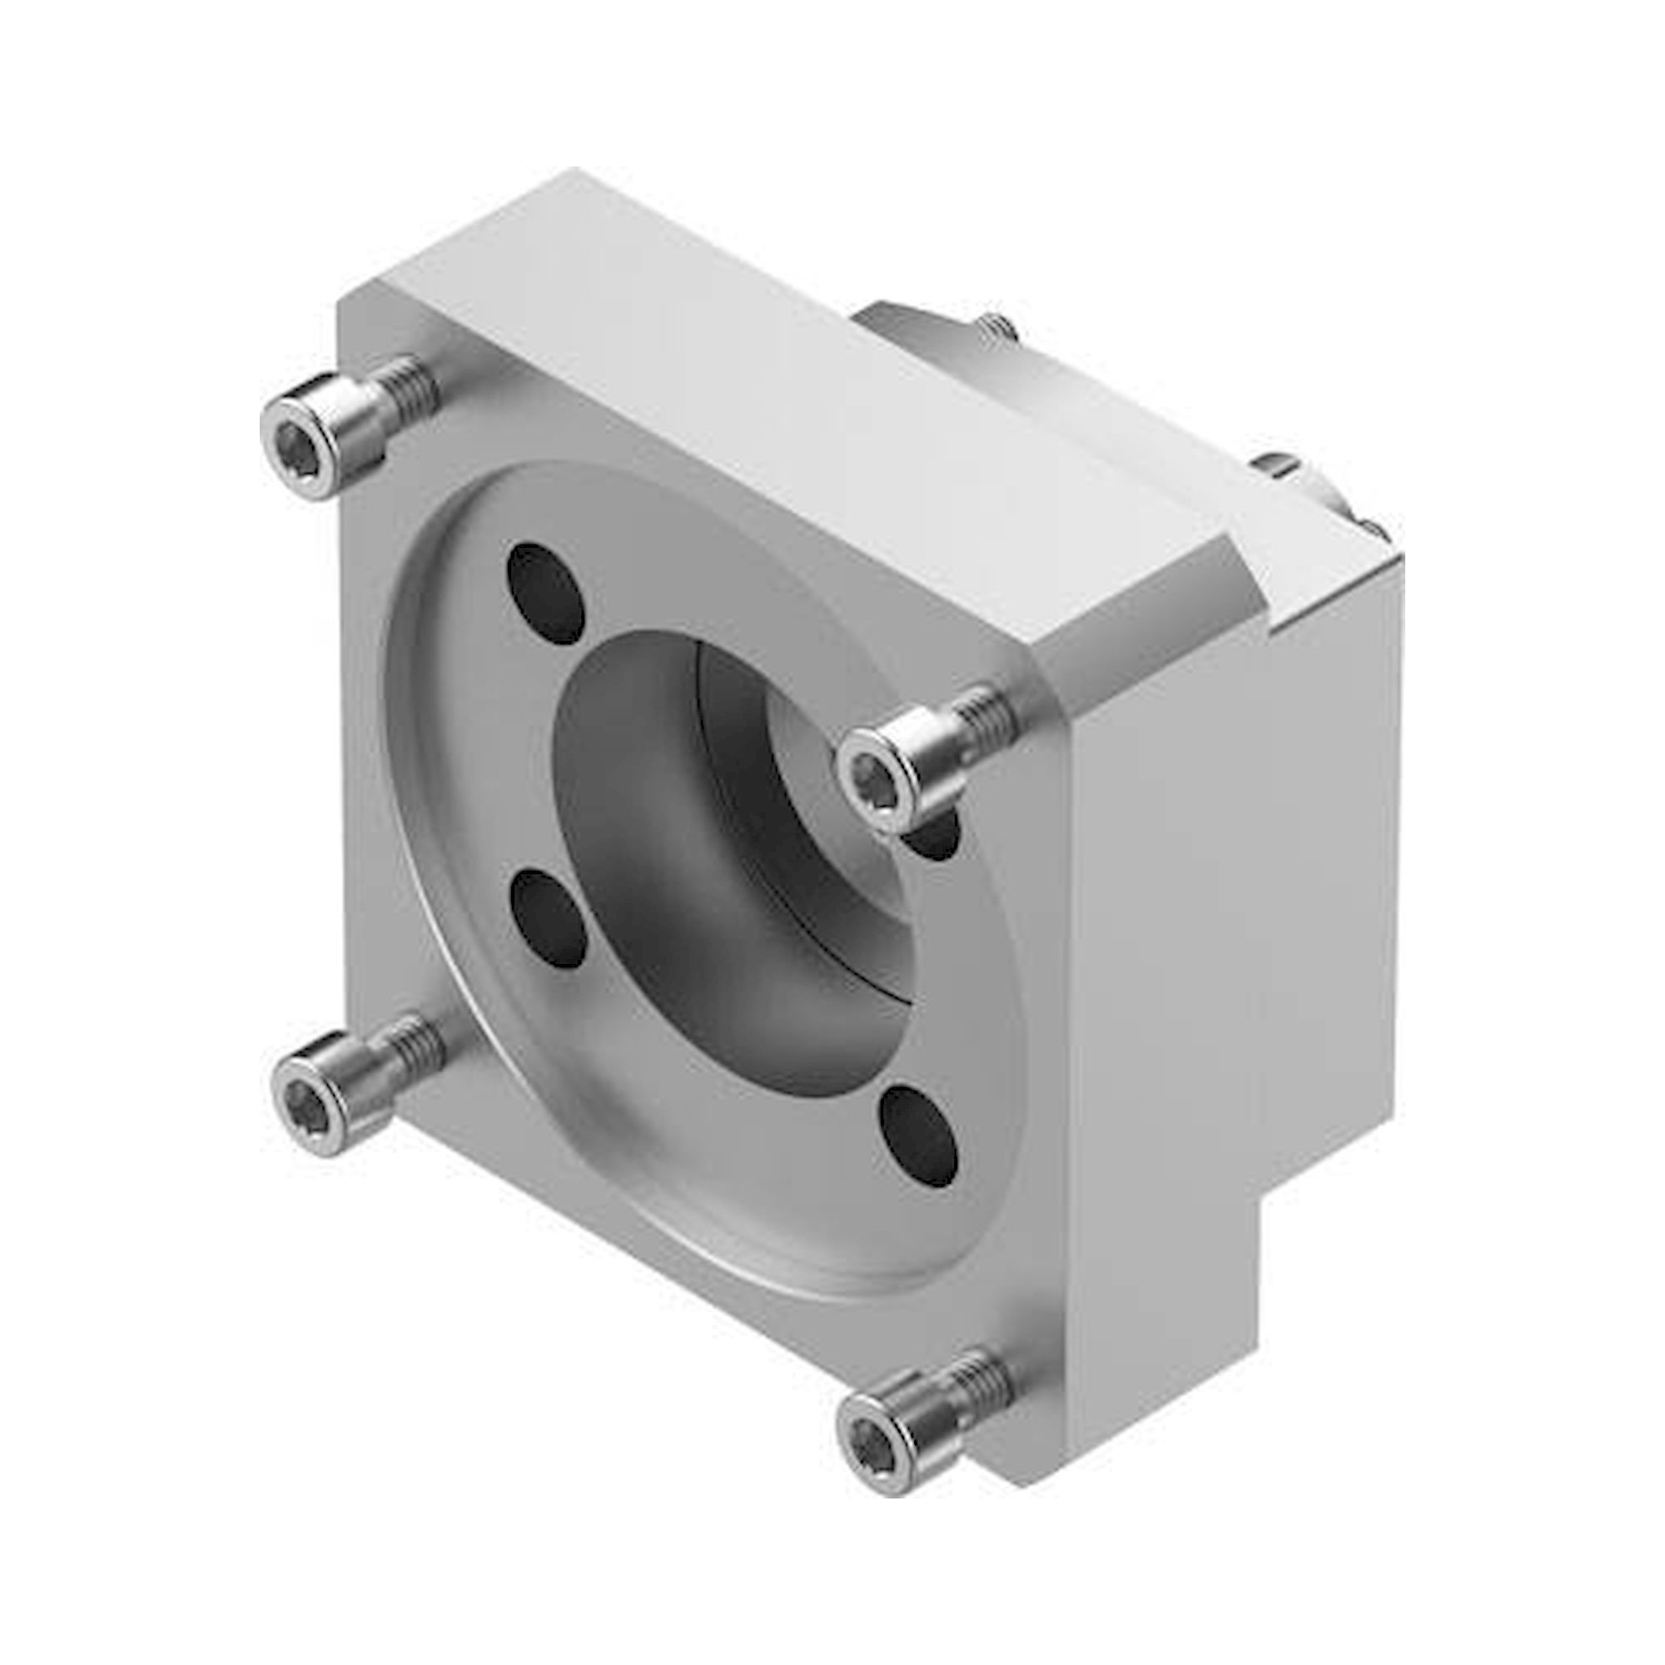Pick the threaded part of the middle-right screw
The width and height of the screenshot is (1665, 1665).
[982, 712]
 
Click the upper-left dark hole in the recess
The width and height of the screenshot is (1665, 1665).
[544, 594]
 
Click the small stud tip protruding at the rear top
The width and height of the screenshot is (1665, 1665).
[1000, 326]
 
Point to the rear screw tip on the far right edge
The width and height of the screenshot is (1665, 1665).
[1370, 527]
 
